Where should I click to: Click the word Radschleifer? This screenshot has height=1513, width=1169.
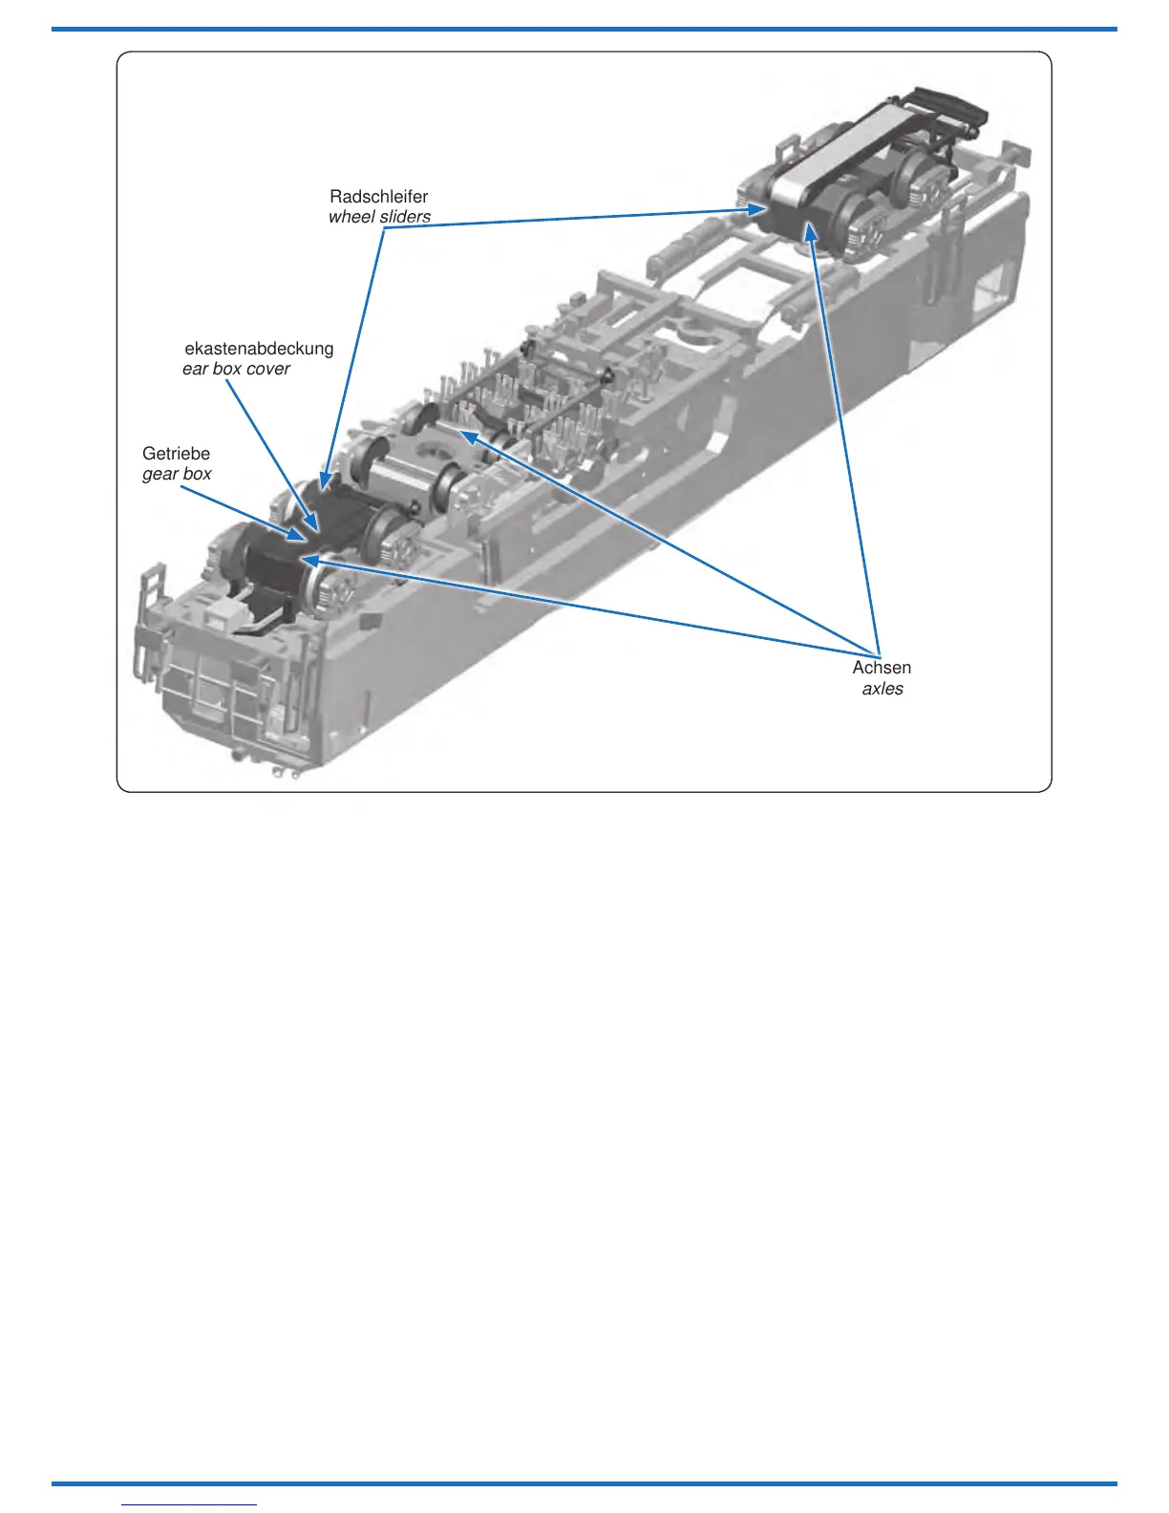pos(378,197)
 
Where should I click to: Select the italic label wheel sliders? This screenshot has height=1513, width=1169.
pos(379,217)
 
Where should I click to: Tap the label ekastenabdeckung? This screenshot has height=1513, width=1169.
pos(259,349)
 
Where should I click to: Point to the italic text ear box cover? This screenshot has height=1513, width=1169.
pos(236,369)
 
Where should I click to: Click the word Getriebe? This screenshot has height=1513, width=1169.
pos(176,454)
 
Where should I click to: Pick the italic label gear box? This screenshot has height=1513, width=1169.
pos(177,474)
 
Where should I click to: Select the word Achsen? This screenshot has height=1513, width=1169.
pos(882,668)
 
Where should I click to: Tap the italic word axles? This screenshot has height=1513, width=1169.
pos(882,689)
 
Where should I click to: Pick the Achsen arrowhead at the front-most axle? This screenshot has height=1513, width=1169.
pos(308,561)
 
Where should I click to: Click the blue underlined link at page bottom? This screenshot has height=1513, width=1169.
pos(189,1504)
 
